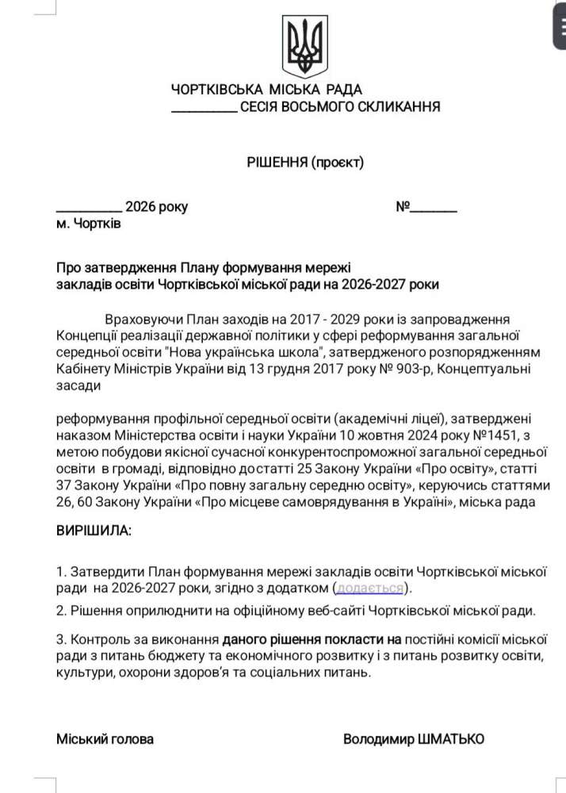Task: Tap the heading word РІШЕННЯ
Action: coord(277,163)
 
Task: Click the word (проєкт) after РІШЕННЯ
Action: coord(338,163)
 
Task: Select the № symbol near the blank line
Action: coord(402,208)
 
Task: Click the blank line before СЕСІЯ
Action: coord(204,108)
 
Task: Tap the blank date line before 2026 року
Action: coord(89,209)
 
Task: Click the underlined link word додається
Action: coord(370,588)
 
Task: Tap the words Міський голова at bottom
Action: coord(105,739)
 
